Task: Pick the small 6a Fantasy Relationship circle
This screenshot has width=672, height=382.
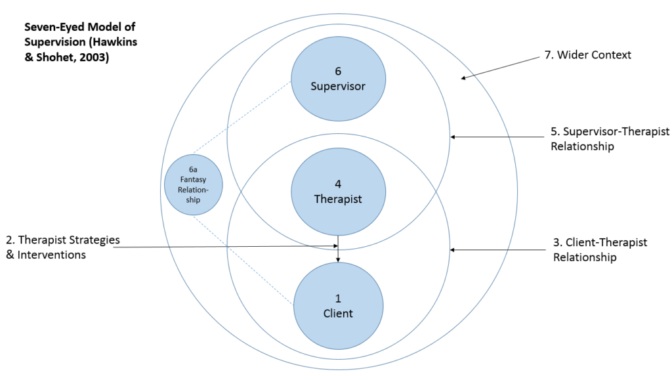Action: pos(194,184)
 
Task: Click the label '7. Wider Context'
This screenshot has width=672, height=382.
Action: pos(588,55)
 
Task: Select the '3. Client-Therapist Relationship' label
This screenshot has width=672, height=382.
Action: pos(600,250)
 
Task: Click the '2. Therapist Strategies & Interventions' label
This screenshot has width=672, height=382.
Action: pos(62,247)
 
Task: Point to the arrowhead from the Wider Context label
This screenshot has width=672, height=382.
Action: pos(464,78)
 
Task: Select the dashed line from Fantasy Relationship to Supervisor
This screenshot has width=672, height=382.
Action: pos(243,118)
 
